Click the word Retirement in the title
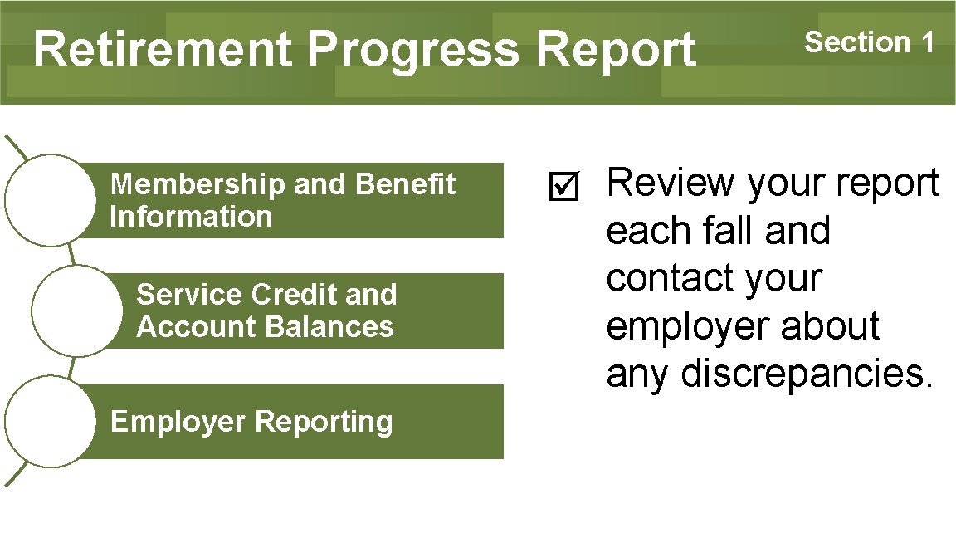tap(163, 49)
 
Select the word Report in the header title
tap(615, 51)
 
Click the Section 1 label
tap(870, 42)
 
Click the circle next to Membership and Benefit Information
tap(51, 200)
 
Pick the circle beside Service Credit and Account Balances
tap(77, 311)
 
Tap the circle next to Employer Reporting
tap(51, 421)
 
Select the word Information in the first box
tap(191, 217)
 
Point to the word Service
tap(190, 295)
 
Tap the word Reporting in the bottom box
tap(324, 422)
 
